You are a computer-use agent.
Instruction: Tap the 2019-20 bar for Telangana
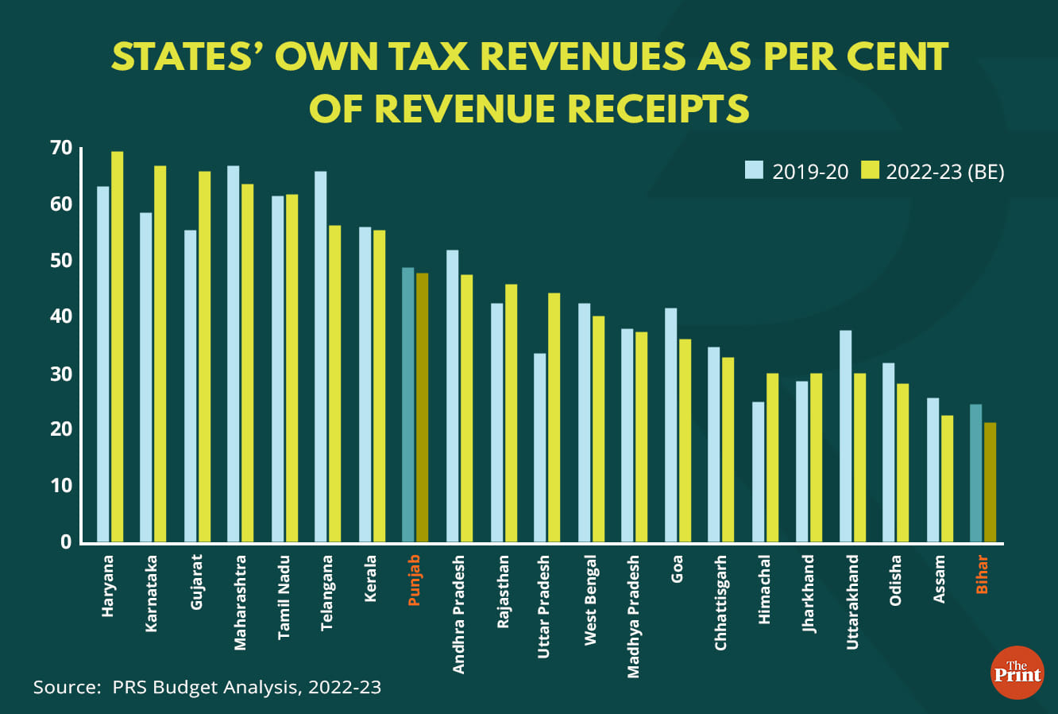pyautogui.click(x=321, y=357)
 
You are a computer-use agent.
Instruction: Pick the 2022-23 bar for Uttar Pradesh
pyautogui.click(x=554, y=417)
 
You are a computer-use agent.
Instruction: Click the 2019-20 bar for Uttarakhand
pyautogui.click(x=846, y=437)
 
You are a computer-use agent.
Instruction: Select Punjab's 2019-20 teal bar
pyautogui.click(x=408, y=406)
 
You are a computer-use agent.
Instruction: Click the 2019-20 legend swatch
pyautogui.click(x=754, y=170)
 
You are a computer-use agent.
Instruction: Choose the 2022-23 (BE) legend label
pyautogui.click(x=945, y=171)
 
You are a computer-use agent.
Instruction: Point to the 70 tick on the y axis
pyautogui.click(x=60, y=148)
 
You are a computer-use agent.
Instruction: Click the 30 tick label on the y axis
pyautogui.click(x=60, y=374)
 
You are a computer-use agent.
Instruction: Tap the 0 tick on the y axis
pyautogui.click(x=65, y=542)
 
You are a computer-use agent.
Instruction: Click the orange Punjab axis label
pyautogui.click(x=414, y=580)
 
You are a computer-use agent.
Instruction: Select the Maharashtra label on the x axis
pyautogui.click(x=241, y=603)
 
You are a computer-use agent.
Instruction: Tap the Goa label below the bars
pyautogui.click(x=677, y=568)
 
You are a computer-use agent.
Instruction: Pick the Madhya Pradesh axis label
pyautogui.click(x=633, y=617)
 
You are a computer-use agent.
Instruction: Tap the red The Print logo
pyautogui.click(x=1017, y=673)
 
